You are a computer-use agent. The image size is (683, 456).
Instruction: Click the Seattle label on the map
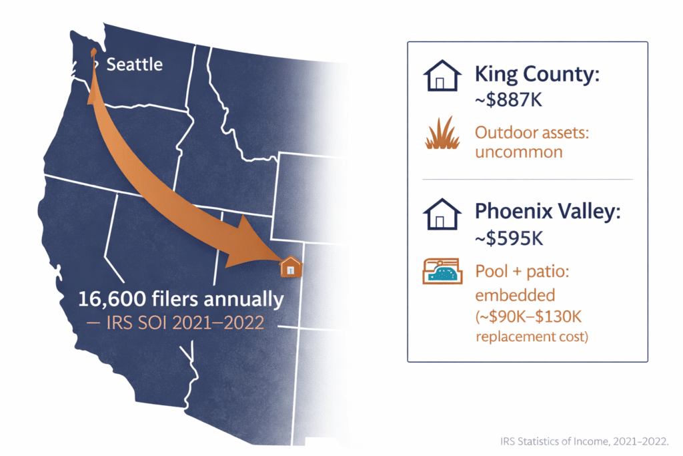pos(134,65)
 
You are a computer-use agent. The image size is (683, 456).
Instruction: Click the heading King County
pos(537,75)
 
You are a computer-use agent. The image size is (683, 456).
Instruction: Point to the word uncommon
pos(518,152)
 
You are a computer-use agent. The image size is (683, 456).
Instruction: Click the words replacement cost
pos(531,336)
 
